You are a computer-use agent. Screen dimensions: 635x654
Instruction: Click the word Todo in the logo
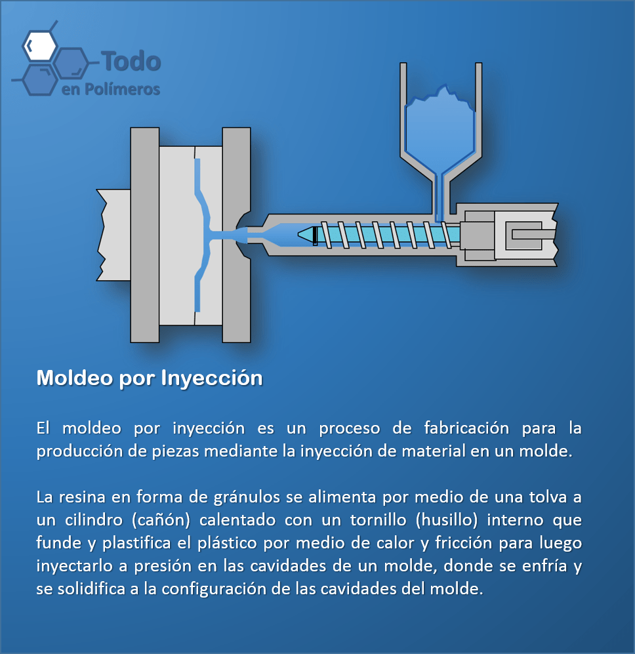(x=131, y=61)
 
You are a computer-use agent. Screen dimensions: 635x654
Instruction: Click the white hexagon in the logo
(x=39, y=45)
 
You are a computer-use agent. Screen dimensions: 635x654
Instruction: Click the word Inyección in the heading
(x=212, y=378)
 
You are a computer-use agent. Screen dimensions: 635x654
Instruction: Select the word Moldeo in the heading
(x=75, y=378)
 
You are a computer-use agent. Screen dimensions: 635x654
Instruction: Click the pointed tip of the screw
(x=298, y=235)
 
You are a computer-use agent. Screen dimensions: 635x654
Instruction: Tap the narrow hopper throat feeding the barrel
(x=440, y=196)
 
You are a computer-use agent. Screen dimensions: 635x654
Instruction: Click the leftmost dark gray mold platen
(x=145, y=235)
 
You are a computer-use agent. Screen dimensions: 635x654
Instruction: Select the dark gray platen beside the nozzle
(x=236, y=235)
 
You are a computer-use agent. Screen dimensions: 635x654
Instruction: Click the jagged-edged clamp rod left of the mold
(x=113, y=235)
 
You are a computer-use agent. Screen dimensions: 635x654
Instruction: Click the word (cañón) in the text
(x=161, y=520)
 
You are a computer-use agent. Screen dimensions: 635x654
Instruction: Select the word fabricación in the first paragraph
(x=466, y=428)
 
